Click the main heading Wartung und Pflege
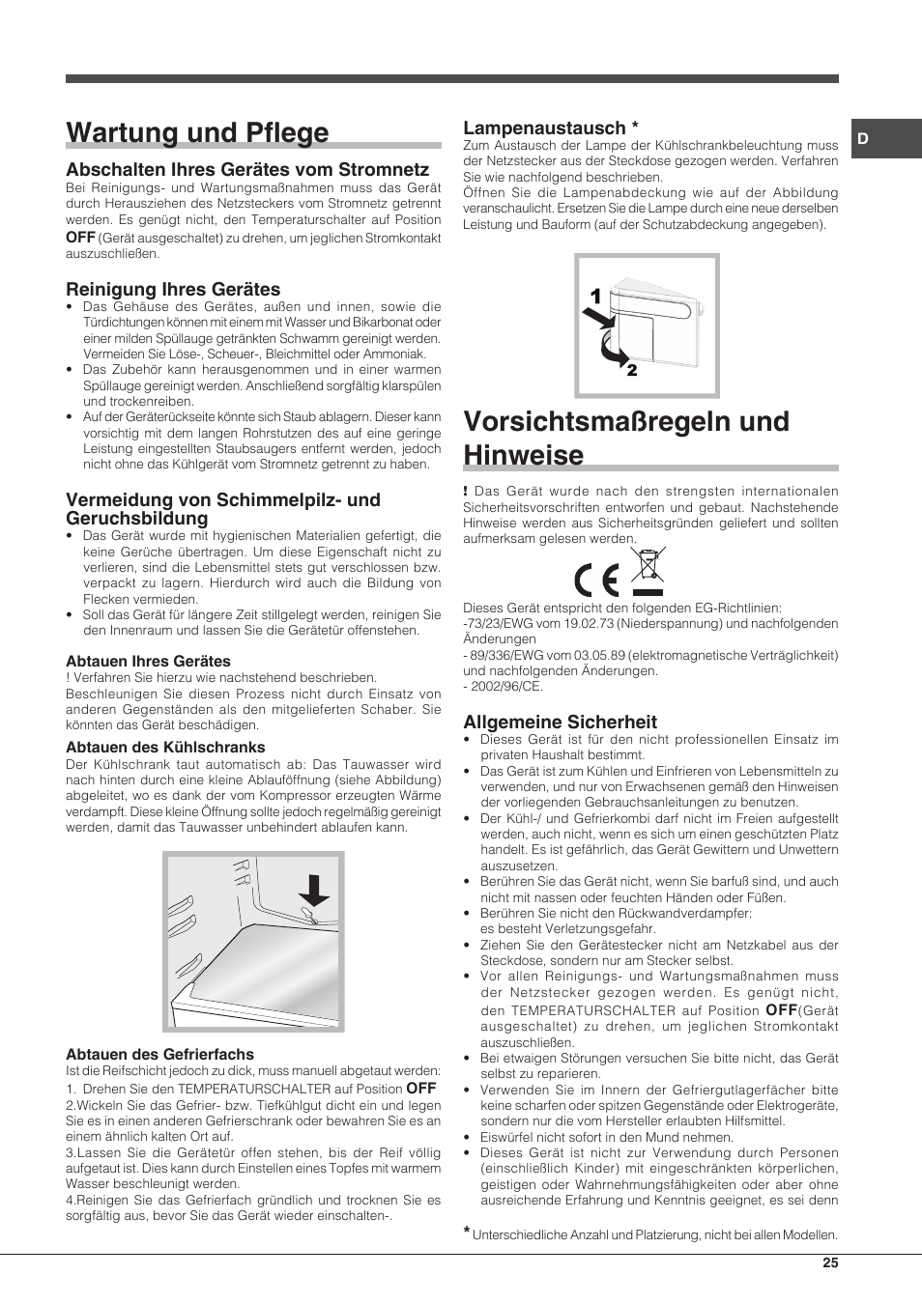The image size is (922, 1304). pyautogui.click(x=197, y=132)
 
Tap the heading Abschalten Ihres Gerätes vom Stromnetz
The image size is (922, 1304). pyautogui.click(x=247, y=169)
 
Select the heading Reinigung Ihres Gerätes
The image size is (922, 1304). pyautogui.click(x=173, y=289)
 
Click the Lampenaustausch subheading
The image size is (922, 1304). pyautogui.click(x=544, y=128)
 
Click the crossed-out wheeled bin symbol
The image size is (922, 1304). pyautogui.click(x=648, y=570)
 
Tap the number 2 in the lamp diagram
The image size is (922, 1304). pyautogui.click(x=632, y=370)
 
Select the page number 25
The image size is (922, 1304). pyautogui.click(x=830, y=1262)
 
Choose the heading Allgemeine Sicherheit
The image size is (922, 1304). pyautogui.click(x=560, y=722)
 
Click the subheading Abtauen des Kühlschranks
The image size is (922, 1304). pyautogui.click(x=165, y=747)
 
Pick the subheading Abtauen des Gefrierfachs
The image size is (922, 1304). pyautogui.click(x=159, y=1054)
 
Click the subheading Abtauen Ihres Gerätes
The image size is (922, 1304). pyautogui.click(x=148, y=661)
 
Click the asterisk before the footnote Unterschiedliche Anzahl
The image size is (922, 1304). pyautogui.click(x=467, y=1232)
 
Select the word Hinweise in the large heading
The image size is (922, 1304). pyautogui.click(x=523, y=454)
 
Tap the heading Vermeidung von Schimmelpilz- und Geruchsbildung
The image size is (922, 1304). pyautogui.click(x=222, y=508)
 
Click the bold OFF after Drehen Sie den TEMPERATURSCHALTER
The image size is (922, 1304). pyautogui.click(x=420, y=1088)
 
